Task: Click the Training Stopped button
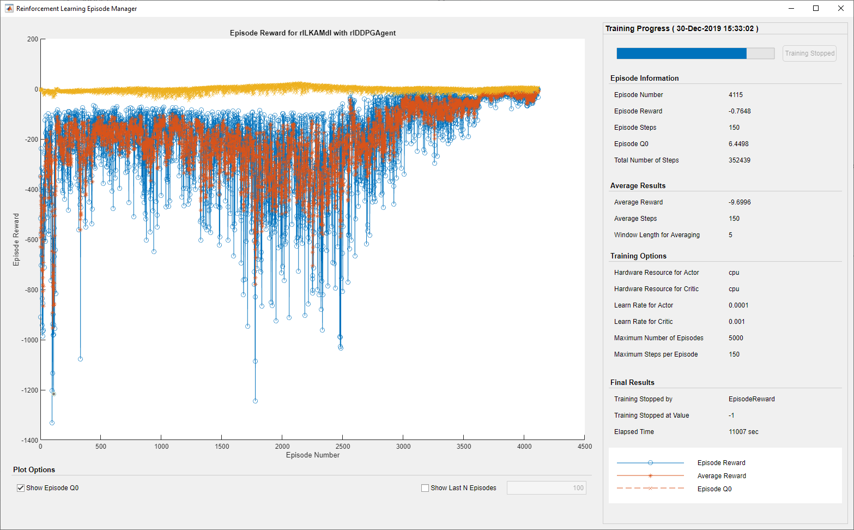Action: [x=809, y=53]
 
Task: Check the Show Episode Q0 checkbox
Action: [x=21, y=488]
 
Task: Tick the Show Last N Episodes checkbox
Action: [x=425, y=488]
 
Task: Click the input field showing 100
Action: [x=546, y=488]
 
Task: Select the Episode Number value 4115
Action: [x=736, y=95]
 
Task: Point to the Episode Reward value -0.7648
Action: [x=740, y=111]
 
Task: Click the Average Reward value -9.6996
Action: [x=740, y=202]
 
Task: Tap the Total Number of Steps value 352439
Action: [x=740, y=160]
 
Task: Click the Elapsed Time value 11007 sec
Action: [x=743, y=432]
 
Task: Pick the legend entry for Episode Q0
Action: [x=714, y=489]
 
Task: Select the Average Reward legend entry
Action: [x=722, y=476]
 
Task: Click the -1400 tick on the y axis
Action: [x=30, y=441]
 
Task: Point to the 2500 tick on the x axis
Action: [x=343, y=447]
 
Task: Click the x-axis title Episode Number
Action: [x=313, y=455]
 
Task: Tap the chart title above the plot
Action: [x=313, y=33]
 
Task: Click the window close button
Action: [x=841, y=8]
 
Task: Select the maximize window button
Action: [x=816, y=8]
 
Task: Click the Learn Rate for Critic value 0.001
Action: [x=737, y=322]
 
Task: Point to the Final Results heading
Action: [x=632, y=383]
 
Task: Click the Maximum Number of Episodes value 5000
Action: [x=736, y=338]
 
